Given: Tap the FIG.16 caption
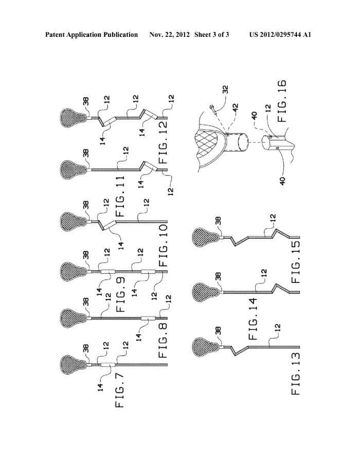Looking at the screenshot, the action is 281,101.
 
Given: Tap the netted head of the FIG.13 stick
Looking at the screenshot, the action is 204,347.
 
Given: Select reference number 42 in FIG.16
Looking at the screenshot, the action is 236,107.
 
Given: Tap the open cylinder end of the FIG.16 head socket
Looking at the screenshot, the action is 243,143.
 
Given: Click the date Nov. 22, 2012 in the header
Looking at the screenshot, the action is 169,35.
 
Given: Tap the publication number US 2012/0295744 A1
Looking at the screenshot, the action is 280,35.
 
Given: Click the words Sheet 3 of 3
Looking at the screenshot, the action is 211,35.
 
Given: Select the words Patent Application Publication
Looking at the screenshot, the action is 92,35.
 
